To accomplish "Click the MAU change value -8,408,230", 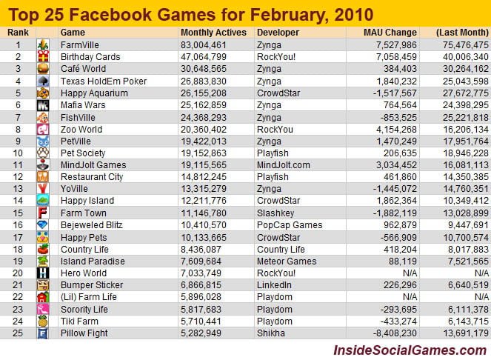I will [x=393, y=333].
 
